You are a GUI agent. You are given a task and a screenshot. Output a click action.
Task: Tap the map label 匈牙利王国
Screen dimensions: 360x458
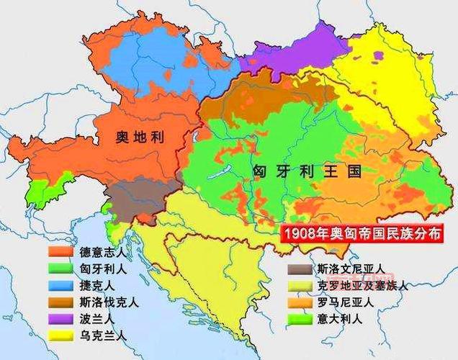tap(305, 171)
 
